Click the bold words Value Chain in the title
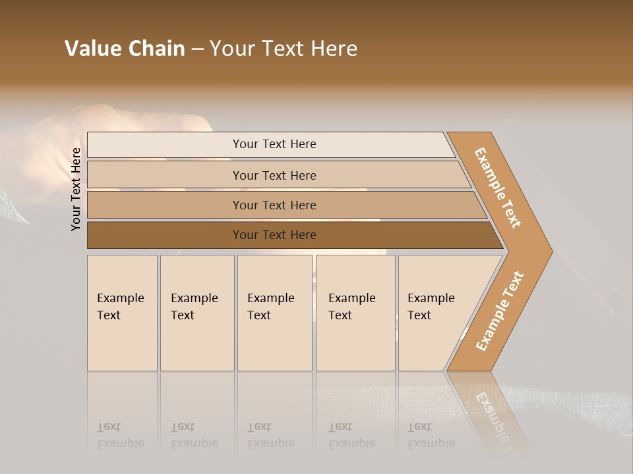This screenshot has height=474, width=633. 125,49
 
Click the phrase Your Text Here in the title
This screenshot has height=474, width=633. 284,49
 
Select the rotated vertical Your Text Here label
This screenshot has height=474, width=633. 76,189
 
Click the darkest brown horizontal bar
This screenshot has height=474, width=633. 165,235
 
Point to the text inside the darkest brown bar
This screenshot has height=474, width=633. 274,235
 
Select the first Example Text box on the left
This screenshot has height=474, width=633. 122,313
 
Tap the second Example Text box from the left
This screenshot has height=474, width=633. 197,313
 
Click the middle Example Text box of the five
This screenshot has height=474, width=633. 274,313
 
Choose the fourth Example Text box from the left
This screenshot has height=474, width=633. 355,313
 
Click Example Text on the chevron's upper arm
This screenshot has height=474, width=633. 498,188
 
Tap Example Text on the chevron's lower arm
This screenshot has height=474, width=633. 500,311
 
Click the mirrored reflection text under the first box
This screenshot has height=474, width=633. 121,435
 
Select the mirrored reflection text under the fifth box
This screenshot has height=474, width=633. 431,435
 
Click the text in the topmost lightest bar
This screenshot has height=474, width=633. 274,144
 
